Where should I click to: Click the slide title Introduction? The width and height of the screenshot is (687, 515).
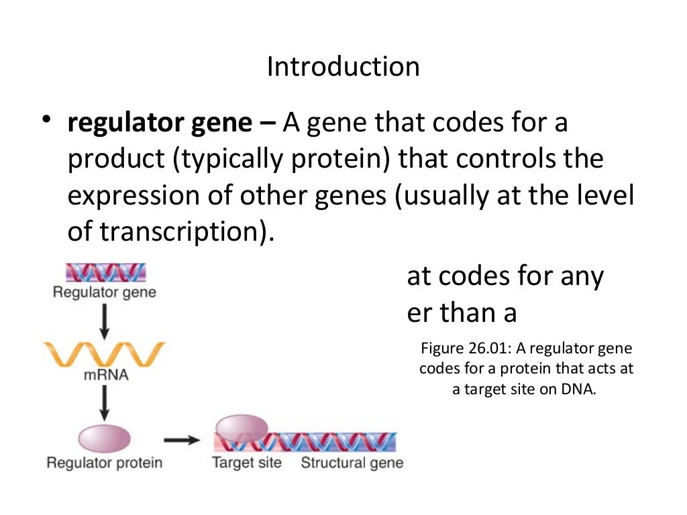[x=343, y=67]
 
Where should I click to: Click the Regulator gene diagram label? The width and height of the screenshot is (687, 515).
[x=104, y=292]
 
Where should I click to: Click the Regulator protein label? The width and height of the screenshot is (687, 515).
[x=104, y=463]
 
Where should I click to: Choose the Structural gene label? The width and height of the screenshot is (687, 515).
[x=352, y=463]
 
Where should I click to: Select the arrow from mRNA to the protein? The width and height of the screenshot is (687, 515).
[x=104, y=404]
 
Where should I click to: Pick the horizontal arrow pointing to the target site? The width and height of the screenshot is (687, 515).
[x=182, y=440]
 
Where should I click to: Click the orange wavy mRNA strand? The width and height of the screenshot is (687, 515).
[x=104, y=354]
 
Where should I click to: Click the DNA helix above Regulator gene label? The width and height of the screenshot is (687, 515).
[x=104, y=272]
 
